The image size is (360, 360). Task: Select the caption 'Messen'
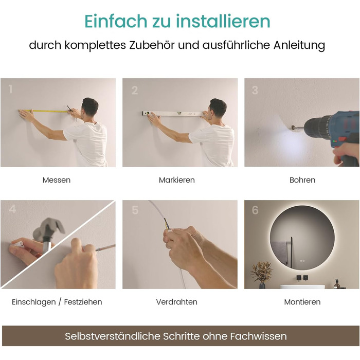click(57, 180)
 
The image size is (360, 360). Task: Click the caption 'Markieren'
click(177, 180)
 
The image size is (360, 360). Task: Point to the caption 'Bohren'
click(302, 180)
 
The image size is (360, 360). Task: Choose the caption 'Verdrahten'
click(177, 302)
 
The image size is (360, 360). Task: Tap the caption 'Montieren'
click(302, 302)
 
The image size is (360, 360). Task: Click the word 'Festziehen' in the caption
click(83, 302)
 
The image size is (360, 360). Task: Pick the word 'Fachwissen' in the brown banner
click(259, 336)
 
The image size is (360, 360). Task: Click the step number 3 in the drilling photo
click(255, 90)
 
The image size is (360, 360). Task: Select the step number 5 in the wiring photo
click(135, 210)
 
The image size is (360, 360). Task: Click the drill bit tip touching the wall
click(291, 127)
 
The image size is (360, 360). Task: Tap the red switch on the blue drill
click(343, 139)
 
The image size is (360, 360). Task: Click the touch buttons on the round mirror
click(302, 261)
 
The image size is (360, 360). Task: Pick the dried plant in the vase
click(261, 272)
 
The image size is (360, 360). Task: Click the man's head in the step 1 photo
click(90, 107)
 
